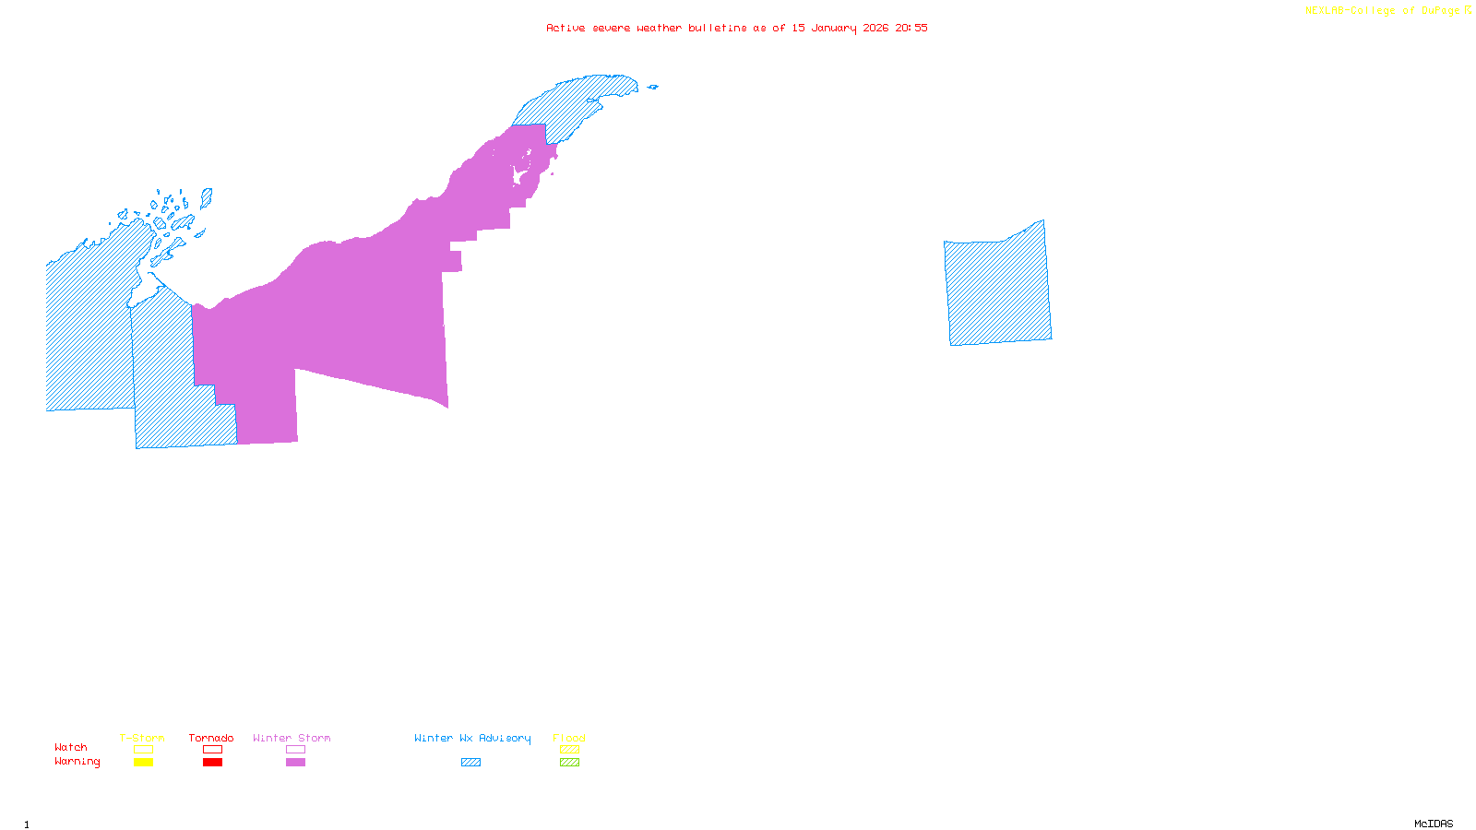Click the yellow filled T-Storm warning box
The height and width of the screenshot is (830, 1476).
[x=143, y=763]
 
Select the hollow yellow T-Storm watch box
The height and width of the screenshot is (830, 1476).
[x=143, y=750]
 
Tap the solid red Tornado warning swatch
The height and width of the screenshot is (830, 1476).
[x=212, y=763]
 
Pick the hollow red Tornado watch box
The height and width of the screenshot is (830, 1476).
[x=212, y=750]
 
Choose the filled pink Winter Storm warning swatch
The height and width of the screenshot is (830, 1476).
[x=295, y=763]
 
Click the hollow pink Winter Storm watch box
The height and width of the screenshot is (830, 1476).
[x=295, y=750]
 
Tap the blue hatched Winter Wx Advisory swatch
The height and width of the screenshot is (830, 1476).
[x=470, y=763]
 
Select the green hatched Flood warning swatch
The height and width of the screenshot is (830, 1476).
[x=569, y=763]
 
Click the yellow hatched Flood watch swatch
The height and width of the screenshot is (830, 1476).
[x=569, y=750]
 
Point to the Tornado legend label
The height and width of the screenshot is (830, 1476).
[x=211, y=738]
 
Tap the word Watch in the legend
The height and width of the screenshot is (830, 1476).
[x=71, y=747]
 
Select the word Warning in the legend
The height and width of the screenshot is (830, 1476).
[x=77, y=762]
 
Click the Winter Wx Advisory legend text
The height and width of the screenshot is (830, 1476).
[x=472, y=738]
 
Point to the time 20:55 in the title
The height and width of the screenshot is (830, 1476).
[x=911, y=28]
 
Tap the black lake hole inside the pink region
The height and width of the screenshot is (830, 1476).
[x=520, y=175]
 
